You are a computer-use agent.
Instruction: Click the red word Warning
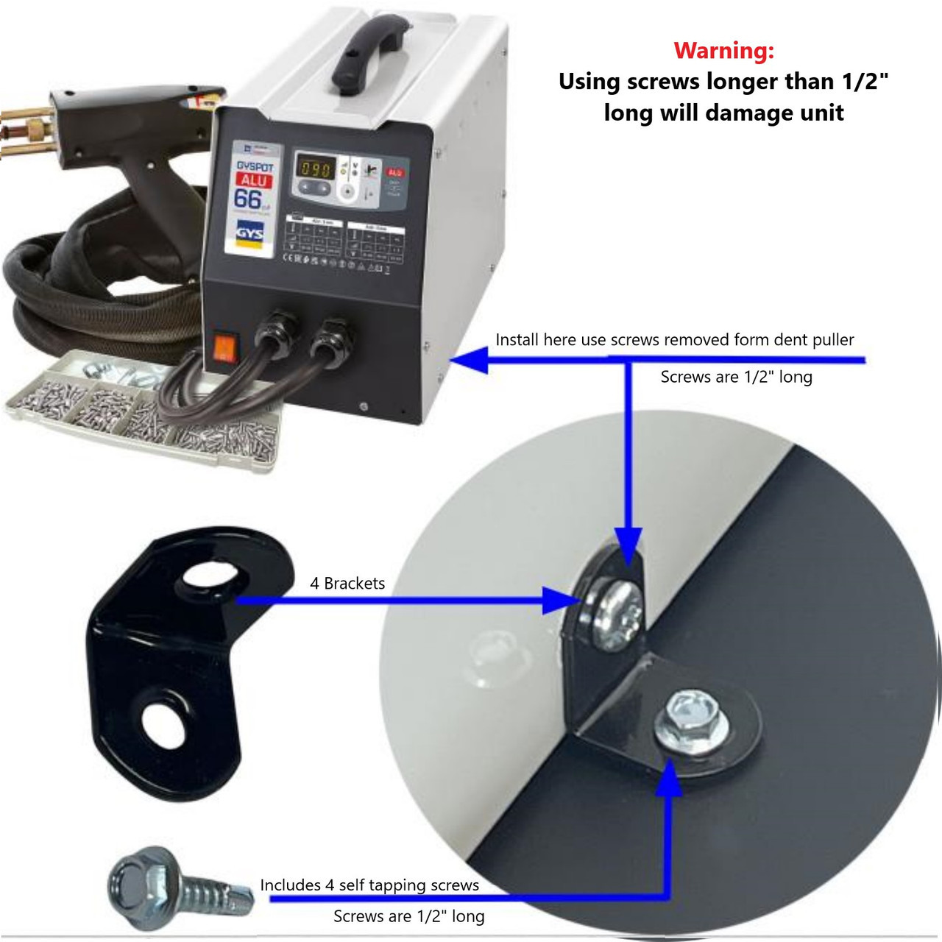(x=723, y=51)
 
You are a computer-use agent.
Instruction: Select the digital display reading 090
(x=315, y=169)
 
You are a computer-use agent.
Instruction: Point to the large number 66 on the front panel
(x=248, y=199)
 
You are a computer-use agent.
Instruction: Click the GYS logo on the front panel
(x=249, y=234)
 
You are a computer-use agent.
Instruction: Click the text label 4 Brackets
(x=347, y=584)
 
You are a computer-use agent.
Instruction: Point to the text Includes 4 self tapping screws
(x=369, y=885)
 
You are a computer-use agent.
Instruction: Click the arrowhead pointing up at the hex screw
(x=669, y=779)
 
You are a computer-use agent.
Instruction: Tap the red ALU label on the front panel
(x=254, y=180)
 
